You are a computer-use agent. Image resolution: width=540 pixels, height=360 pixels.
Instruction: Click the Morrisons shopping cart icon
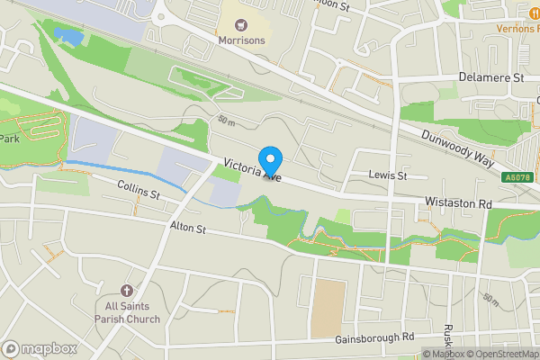point(242,23)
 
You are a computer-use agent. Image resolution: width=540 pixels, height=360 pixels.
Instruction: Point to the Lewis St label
point(388,175)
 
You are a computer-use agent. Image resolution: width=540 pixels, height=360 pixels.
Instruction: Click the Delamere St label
point(490,78)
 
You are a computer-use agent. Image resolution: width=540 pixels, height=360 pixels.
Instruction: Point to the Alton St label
point(188,229)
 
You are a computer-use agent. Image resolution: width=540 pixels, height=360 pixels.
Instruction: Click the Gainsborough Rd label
point(373,337)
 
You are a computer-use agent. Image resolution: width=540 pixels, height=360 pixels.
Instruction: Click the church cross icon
point(125,291)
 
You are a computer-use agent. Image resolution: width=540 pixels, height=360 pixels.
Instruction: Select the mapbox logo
point(39,348)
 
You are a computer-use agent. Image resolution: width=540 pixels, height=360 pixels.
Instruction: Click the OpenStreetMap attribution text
point(502,354)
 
